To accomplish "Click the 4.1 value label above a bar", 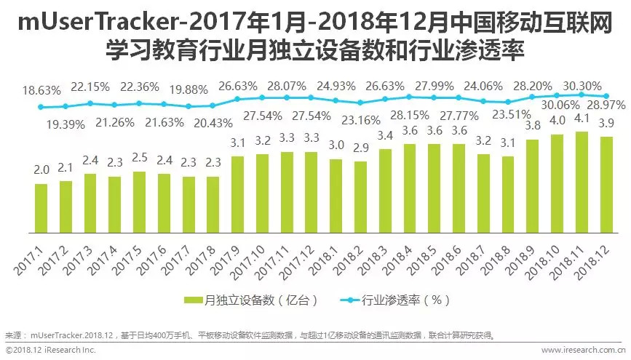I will pos(582,121).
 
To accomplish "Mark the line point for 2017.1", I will pos(41,107).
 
